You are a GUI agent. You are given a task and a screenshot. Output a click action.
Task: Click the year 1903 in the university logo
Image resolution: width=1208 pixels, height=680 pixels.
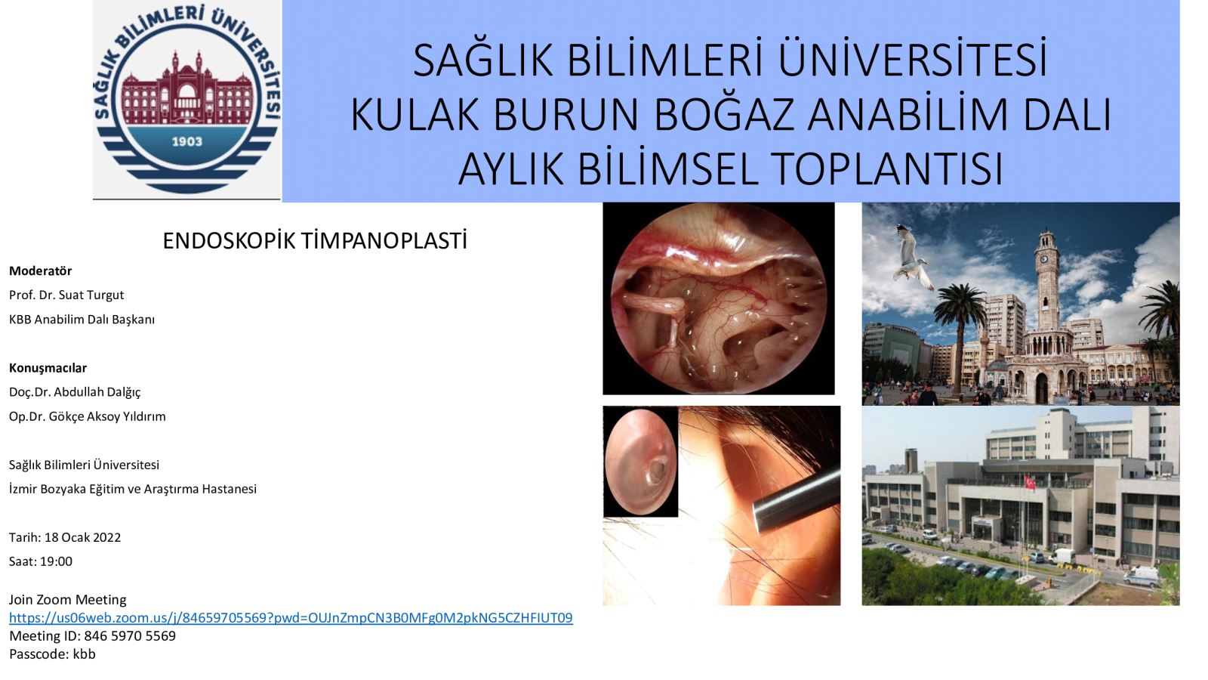(x=187, y=142)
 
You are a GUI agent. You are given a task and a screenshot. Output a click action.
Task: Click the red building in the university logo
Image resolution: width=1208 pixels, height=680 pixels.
(x=186, y=87)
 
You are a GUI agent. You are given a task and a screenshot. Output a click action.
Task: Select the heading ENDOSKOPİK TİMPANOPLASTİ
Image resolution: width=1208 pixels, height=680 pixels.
(x=315, y=241)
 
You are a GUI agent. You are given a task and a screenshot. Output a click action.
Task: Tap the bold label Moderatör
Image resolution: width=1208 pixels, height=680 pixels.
(x=41, y=270)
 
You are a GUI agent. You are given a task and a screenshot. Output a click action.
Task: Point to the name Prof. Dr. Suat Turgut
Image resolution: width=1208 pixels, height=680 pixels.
(x=66, y=295)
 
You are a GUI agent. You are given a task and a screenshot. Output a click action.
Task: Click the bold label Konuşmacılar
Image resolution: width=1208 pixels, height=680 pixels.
(x=48, y=368)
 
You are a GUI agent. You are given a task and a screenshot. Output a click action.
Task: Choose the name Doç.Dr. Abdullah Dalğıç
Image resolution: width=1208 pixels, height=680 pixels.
(x=75, y=392)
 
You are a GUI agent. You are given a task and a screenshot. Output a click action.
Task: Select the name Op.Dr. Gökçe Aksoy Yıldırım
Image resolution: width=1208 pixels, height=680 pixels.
(x=88, y=416)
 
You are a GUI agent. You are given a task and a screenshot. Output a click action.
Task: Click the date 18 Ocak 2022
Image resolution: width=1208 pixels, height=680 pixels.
(x=82, y=537)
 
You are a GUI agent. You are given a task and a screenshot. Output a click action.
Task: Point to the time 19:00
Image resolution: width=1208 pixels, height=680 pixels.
(x=56, y=561)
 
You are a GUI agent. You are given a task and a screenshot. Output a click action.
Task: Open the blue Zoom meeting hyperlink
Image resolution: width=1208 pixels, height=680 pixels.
(x=291, y=618)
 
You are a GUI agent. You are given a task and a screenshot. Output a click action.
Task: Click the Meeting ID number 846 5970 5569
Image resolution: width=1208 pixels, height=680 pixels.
(x=130, y=635)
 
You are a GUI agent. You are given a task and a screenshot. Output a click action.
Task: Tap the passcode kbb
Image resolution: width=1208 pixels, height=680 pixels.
(x=84, y=654)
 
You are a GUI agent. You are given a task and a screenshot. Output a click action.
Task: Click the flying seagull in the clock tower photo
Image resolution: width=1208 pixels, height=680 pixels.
(x=913, y=258)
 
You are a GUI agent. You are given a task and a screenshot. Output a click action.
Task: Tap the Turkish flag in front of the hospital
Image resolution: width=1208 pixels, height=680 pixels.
(x=1030, y=482)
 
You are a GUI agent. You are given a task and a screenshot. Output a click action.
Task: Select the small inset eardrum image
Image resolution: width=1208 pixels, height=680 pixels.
(x=641, y=462)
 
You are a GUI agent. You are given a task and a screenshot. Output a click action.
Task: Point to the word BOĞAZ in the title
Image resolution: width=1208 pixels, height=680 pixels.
(x=725, y=114)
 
